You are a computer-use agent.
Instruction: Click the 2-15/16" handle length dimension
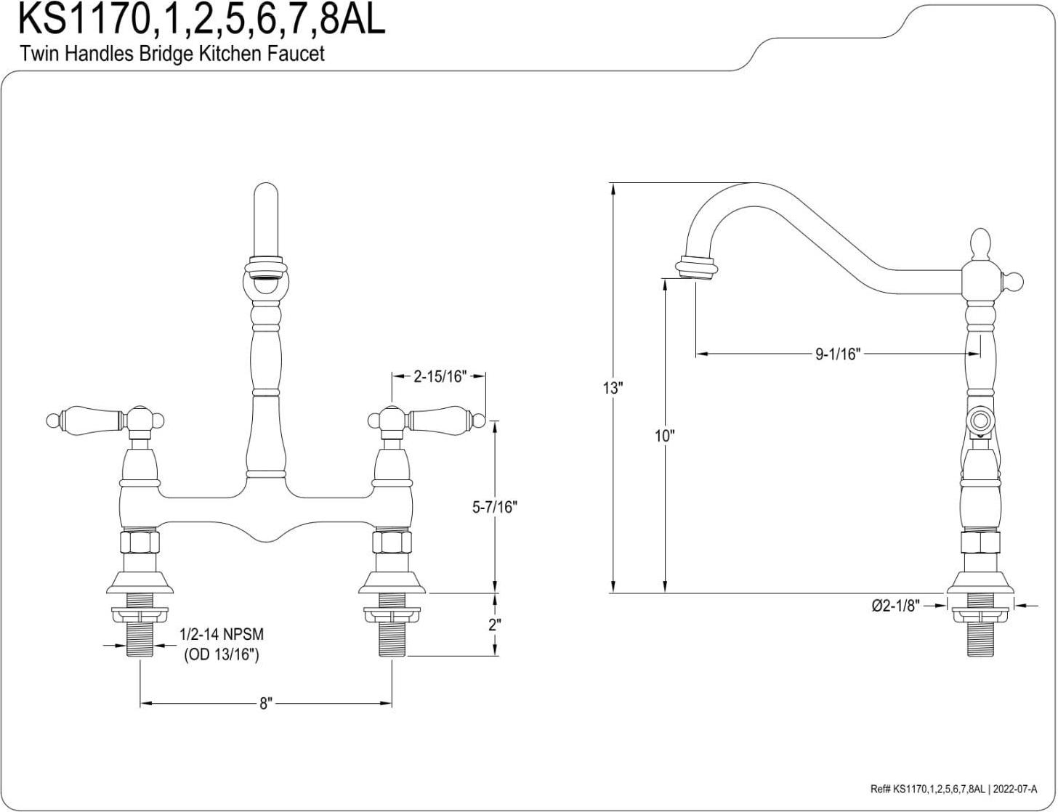pos(439,377)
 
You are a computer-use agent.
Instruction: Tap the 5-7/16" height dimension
pos(493,507)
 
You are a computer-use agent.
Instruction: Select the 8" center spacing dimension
pos(265,703)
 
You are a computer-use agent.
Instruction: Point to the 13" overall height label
pos(613,388)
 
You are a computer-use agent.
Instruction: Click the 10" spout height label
pos(664,436)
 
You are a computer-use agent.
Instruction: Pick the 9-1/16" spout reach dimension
pos(837,354)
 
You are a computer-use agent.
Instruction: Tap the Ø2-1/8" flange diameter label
pos(896,604)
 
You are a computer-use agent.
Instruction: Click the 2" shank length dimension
pos(494,625)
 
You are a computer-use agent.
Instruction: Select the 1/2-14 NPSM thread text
pos(221,634)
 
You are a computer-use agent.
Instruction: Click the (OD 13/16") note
pos(221,654)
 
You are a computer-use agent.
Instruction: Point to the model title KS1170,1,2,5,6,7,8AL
pos(201,20)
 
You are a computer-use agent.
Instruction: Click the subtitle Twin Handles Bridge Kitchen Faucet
pos(171,54)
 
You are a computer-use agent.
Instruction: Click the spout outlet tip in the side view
pos(695,267)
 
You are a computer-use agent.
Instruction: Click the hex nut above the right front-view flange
pos(392,542)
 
